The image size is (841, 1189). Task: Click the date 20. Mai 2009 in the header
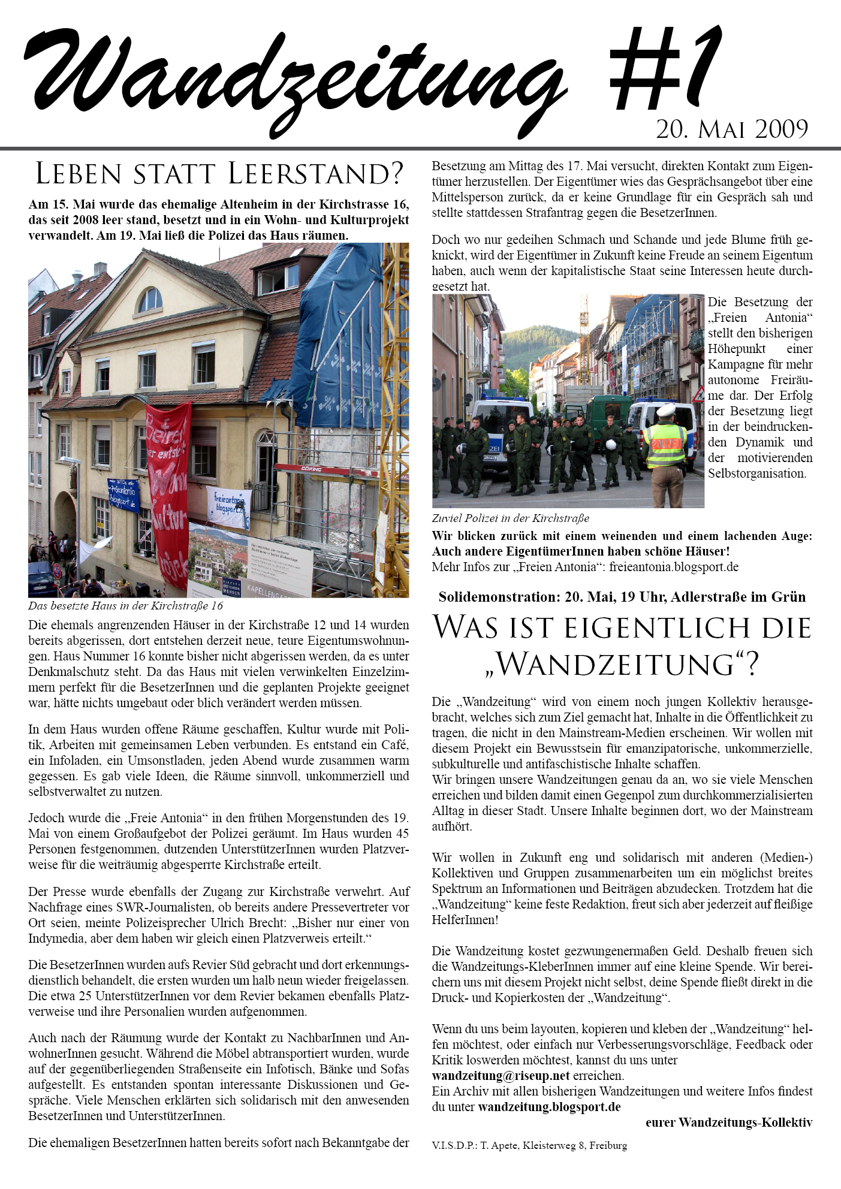click(x=732, y=129)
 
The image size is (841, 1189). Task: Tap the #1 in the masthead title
click(x=665, y=72)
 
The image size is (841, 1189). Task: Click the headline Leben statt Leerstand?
click(x=219, y=174)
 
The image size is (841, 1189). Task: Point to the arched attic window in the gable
click(x=150, y=300)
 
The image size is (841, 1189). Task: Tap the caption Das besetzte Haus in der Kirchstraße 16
click(x=125, y=606)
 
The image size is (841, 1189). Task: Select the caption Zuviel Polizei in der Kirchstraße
click(x=510, y=518)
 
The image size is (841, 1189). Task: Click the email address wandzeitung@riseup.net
click(x=501, y=1076)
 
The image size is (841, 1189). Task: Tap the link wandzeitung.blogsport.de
click(x=549, y=1107)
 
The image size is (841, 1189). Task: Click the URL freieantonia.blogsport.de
click(x=674, y=567)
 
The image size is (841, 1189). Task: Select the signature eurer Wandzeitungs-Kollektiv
click(x=729, y=1122)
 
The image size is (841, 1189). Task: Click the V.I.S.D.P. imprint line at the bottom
click(x=529, y=1145)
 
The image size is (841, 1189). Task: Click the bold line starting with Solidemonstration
click(x=622, y=597)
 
